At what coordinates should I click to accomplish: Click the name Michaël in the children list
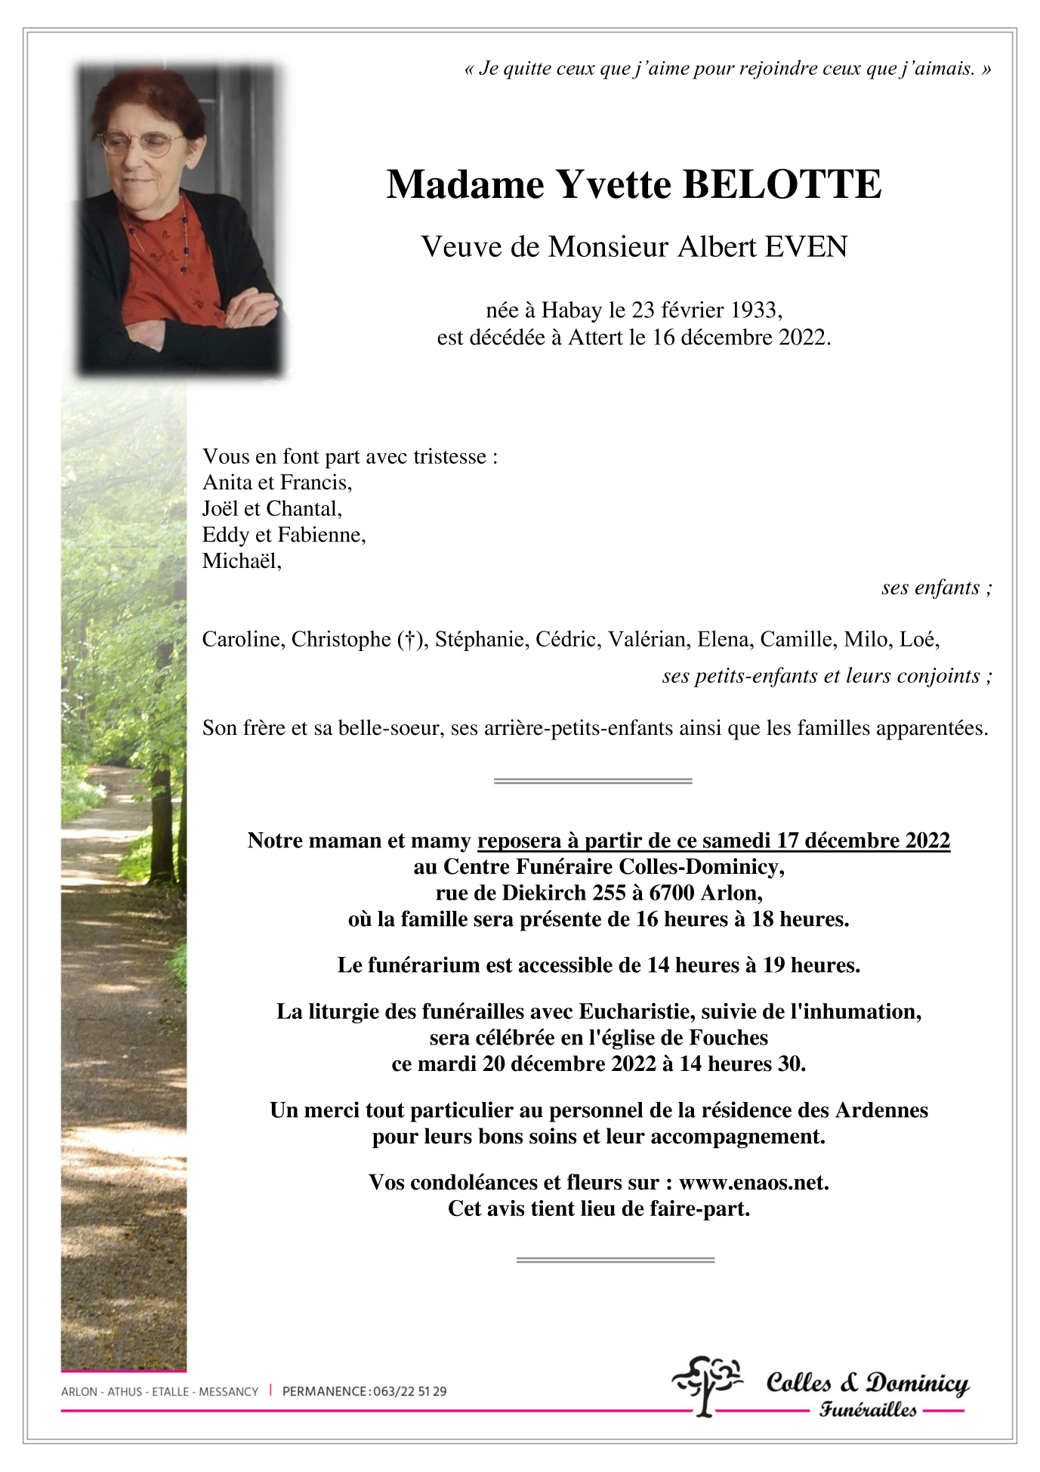240,561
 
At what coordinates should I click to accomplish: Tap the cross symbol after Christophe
410,640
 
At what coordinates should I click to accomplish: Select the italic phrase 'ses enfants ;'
936,588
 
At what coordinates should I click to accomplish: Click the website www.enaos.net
753,1182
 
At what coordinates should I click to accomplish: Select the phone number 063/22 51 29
409,1391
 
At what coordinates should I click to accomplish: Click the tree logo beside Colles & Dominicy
706,1384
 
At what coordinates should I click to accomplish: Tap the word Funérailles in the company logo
868,1409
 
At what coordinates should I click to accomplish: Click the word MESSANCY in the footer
228,1391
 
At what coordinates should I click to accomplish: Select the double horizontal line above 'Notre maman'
593,780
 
